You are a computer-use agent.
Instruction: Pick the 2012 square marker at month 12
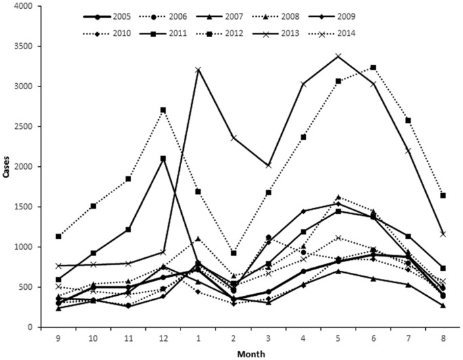[164, 110]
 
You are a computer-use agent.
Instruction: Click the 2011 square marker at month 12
[164, 159]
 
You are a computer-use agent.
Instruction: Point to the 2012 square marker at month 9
[59, 236]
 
